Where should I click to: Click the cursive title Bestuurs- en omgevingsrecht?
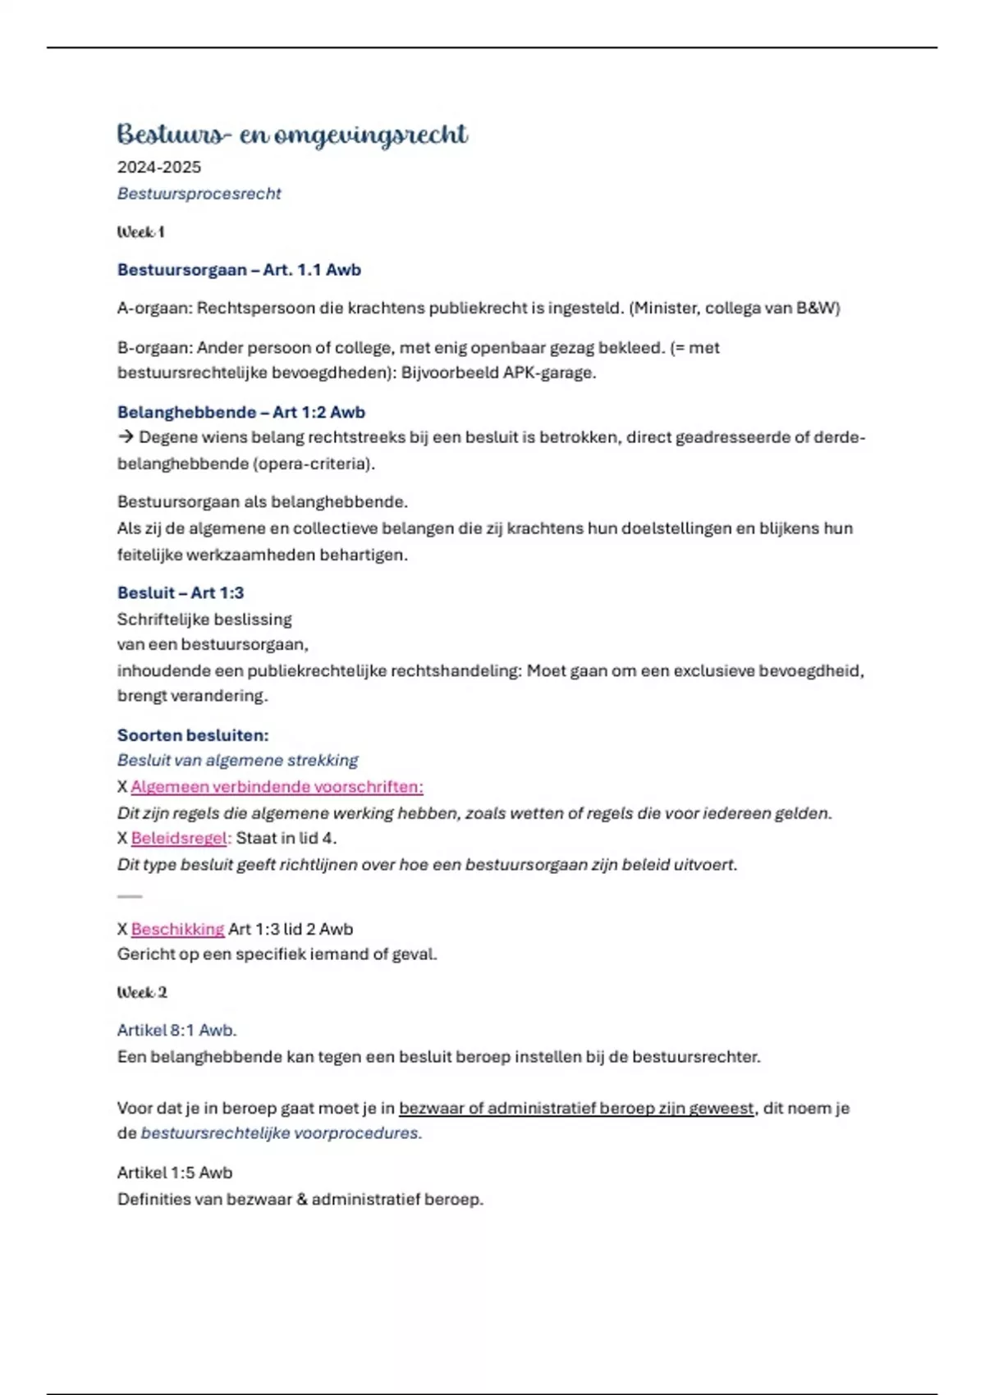coord(292,135)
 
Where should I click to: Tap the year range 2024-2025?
coord(158,167)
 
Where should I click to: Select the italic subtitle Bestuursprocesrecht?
coord(199,194)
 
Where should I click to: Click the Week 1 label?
coord(140,232)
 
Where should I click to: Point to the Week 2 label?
coord(142,993)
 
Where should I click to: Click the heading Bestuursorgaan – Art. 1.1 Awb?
coord(239,270)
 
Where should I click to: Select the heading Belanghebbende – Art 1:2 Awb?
coord(241,412)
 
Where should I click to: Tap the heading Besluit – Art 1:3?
coord(181,592)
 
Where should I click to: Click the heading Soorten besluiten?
coord(193,735)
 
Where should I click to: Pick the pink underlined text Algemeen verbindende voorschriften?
coord(277,787)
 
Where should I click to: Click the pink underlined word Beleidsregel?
coord(178,839)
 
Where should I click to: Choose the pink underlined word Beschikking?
coord(177,929)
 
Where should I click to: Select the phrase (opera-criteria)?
coord(314,464)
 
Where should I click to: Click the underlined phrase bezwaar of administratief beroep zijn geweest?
coord(575,1109)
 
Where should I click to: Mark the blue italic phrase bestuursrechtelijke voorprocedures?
coord(281,1133)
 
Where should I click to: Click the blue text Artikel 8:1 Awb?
coord(176,1031)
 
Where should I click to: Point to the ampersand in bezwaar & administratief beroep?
coord(302,1200)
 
